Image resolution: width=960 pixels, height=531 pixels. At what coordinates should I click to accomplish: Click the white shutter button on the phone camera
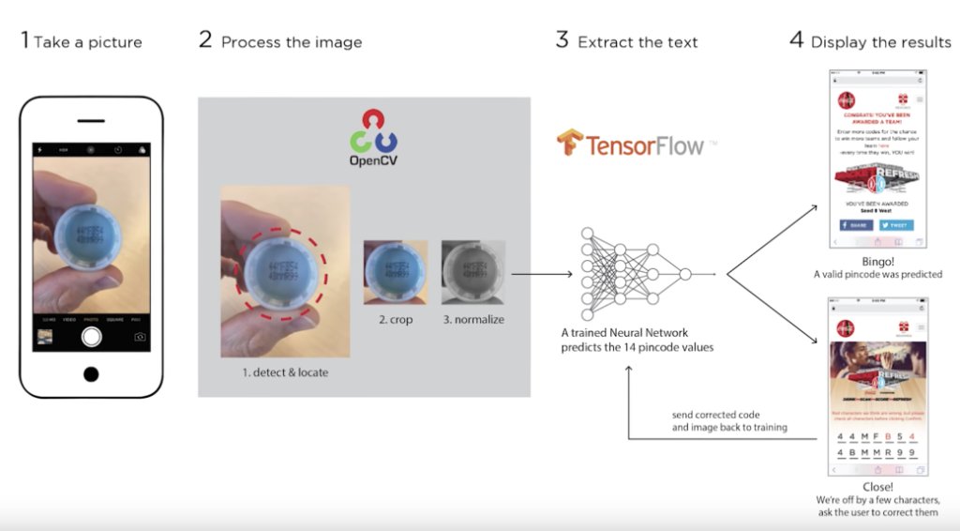click(91, 336)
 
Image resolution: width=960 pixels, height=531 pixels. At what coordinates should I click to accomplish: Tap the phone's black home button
click(91, 373)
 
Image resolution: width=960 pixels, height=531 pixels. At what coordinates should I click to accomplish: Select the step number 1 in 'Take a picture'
click(24, 40)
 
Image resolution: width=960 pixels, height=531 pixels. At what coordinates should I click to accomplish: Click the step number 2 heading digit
click(205, 40)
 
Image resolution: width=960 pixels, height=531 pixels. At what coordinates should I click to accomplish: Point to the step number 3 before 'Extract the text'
click(562, 40)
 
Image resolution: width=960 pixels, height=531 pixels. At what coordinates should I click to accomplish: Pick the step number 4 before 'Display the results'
click(796, 40)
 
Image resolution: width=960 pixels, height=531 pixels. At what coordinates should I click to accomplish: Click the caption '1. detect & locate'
click(285, 372)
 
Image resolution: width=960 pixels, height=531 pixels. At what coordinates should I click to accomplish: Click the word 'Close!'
click(877, 487)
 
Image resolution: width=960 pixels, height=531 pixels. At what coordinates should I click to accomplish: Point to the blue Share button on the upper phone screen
click(856, 226)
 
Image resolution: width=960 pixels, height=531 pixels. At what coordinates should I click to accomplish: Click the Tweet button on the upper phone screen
click(896, 226)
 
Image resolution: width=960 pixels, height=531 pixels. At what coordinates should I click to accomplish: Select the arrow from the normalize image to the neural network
click(542, 274)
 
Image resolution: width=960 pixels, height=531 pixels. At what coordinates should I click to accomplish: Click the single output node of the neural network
click(685, 274)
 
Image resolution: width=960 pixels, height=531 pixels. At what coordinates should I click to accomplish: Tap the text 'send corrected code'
click(715, 415)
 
